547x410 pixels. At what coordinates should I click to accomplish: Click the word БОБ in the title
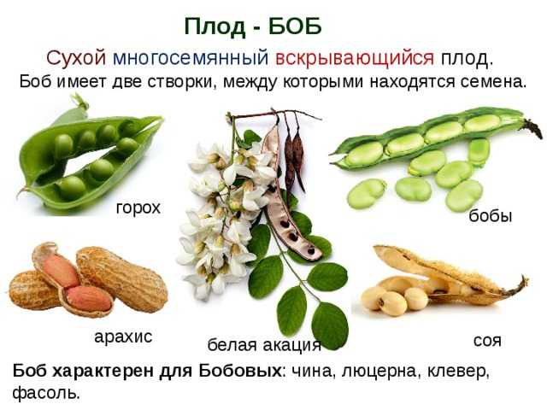click(x=295, y=26)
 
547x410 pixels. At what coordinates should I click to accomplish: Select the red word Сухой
click(x=76, y=58)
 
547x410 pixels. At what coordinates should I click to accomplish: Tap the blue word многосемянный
click(x=191, y=58)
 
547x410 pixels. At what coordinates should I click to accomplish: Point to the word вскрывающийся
click(x=355, y=59)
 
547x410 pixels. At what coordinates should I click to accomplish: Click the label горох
click(x=138, y=208)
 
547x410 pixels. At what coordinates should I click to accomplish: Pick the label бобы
click(x=490, y=216)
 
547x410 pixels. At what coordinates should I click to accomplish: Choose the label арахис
click(x=123, y=337)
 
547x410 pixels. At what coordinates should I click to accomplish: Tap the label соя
click(x=487, y=340)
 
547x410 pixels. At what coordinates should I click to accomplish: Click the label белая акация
click(x=264, y=345)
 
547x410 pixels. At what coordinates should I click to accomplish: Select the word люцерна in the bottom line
click(x=379, y=372)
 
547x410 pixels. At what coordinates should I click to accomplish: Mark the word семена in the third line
click(x=493, y=82)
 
